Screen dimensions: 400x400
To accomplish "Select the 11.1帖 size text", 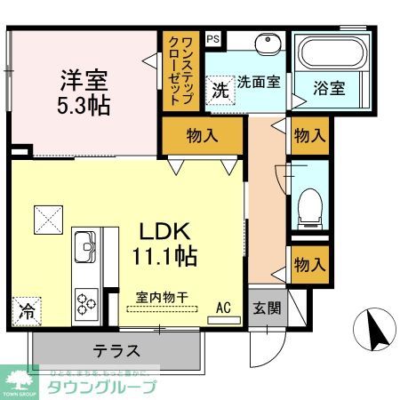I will pos(166,255).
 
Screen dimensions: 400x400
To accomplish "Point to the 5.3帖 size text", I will pos(84,105).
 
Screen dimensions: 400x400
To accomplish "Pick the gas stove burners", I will pos(86,302).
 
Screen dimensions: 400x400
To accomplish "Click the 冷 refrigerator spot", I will pos(27,313).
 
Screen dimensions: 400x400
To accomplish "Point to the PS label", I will pos(212,38).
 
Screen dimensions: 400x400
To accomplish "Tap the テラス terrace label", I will pos(116,349).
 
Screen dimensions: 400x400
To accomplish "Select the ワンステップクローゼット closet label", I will pos(180,69).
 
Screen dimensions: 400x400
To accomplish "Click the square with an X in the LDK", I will pos(46,217).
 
